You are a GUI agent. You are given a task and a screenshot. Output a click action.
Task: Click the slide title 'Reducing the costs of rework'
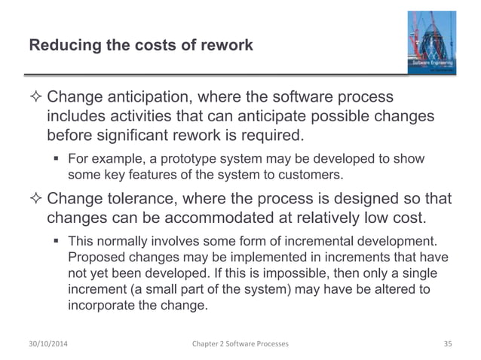(x=140, y=45)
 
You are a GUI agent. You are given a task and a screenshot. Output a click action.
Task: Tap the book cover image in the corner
(x=432, y=44)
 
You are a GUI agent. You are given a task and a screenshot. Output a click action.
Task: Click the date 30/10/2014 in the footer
(x=51, y=343)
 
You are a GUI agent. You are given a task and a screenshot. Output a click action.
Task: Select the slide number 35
(x=446, y=343)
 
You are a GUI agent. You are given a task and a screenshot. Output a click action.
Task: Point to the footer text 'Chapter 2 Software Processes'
(x=240, y=343)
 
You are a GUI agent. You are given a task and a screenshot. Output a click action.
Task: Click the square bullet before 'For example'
(x=58, y=159)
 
